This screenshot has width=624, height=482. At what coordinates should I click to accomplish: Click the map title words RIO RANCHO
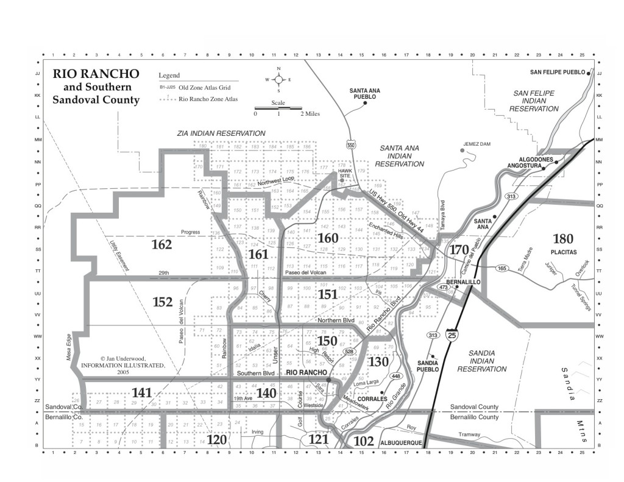(96, 74)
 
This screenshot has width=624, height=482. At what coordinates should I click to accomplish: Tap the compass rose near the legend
(278, 79)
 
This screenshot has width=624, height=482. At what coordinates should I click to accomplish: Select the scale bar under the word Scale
(278, 108)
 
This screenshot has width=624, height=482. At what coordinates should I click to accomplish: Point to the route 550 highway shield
(350, 144)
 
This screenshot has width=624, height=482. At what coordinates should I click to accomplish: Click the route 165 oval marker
(502, 268)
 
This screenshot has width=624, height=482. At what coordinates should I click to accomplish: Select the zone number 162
(161, 245)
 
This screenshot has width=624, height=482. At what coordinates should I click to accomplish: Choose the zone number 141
(141, 393)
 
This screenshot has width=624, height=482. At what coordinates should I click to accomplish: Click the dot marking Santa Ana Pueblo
(365, 103)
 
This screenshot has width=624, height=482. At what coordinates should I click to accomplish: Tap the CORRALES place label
(365, 399)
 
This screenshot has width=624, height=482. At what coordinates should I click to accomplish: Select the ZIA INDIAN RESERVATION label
(221, 133)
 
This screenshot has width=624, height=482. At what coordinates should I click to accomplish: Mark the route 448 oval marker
(395, 376)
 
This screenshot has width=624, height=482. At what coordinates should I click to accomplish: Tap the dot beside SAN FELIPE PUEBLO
(589, 72)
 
